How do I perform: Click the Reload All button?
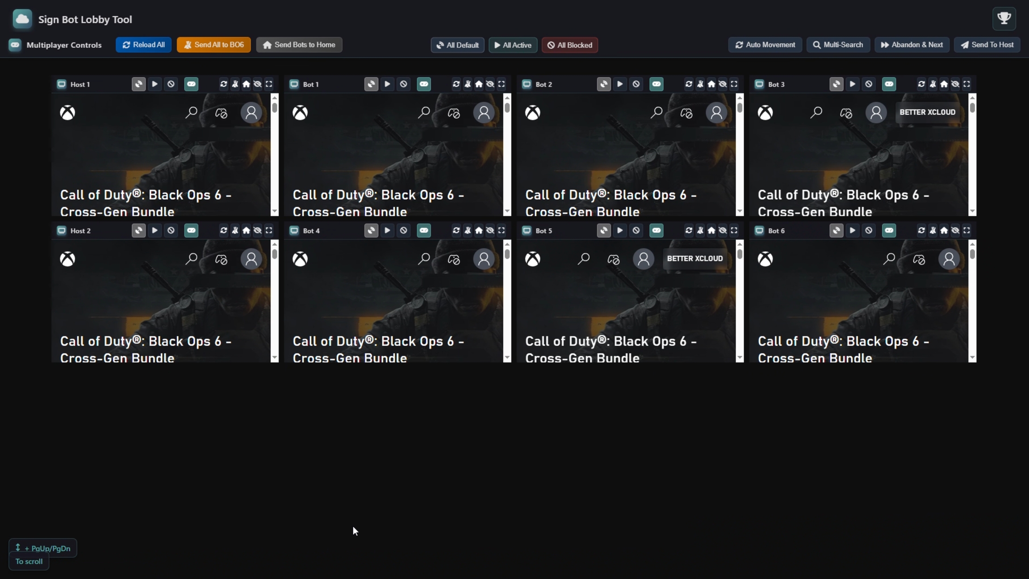(x=143, y=45)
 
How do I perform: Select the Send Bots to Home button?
(x=299, y=45)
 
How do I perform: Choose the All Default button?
(x=457, y=45)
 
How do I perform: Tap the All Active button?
(x=513, y=45)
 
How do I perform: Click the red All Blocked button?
(x=570, y=45)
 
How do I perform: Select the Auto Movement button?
(x=765, y=45)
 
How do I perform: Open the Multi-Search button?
(x=838, y=45)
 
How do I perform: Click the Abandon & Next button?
(x=912, y=45)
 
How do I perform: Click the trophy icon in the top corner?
(x=1004, y=18)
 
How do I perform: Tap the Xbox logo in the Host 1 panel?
(x=67, y=113)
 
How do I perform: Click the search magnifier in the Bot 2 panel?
(x=656, y=112)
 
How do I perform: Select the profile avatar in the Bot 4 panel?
(x=484, y=259)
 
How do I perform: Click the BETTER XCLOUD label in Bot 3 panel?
(x=927, y=112)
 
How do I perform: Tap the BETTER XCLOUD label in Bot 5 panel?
(x=694, y=259)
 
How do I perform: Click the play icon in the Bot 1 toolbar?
(x=387, y=84)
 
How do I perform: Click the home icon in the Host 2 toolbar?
(x=246, y=231)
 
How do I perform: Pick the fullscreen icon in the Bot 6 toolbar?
(x=966, y=231)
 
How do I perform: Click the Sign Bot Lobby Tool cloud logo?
(x=22, y=19)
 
